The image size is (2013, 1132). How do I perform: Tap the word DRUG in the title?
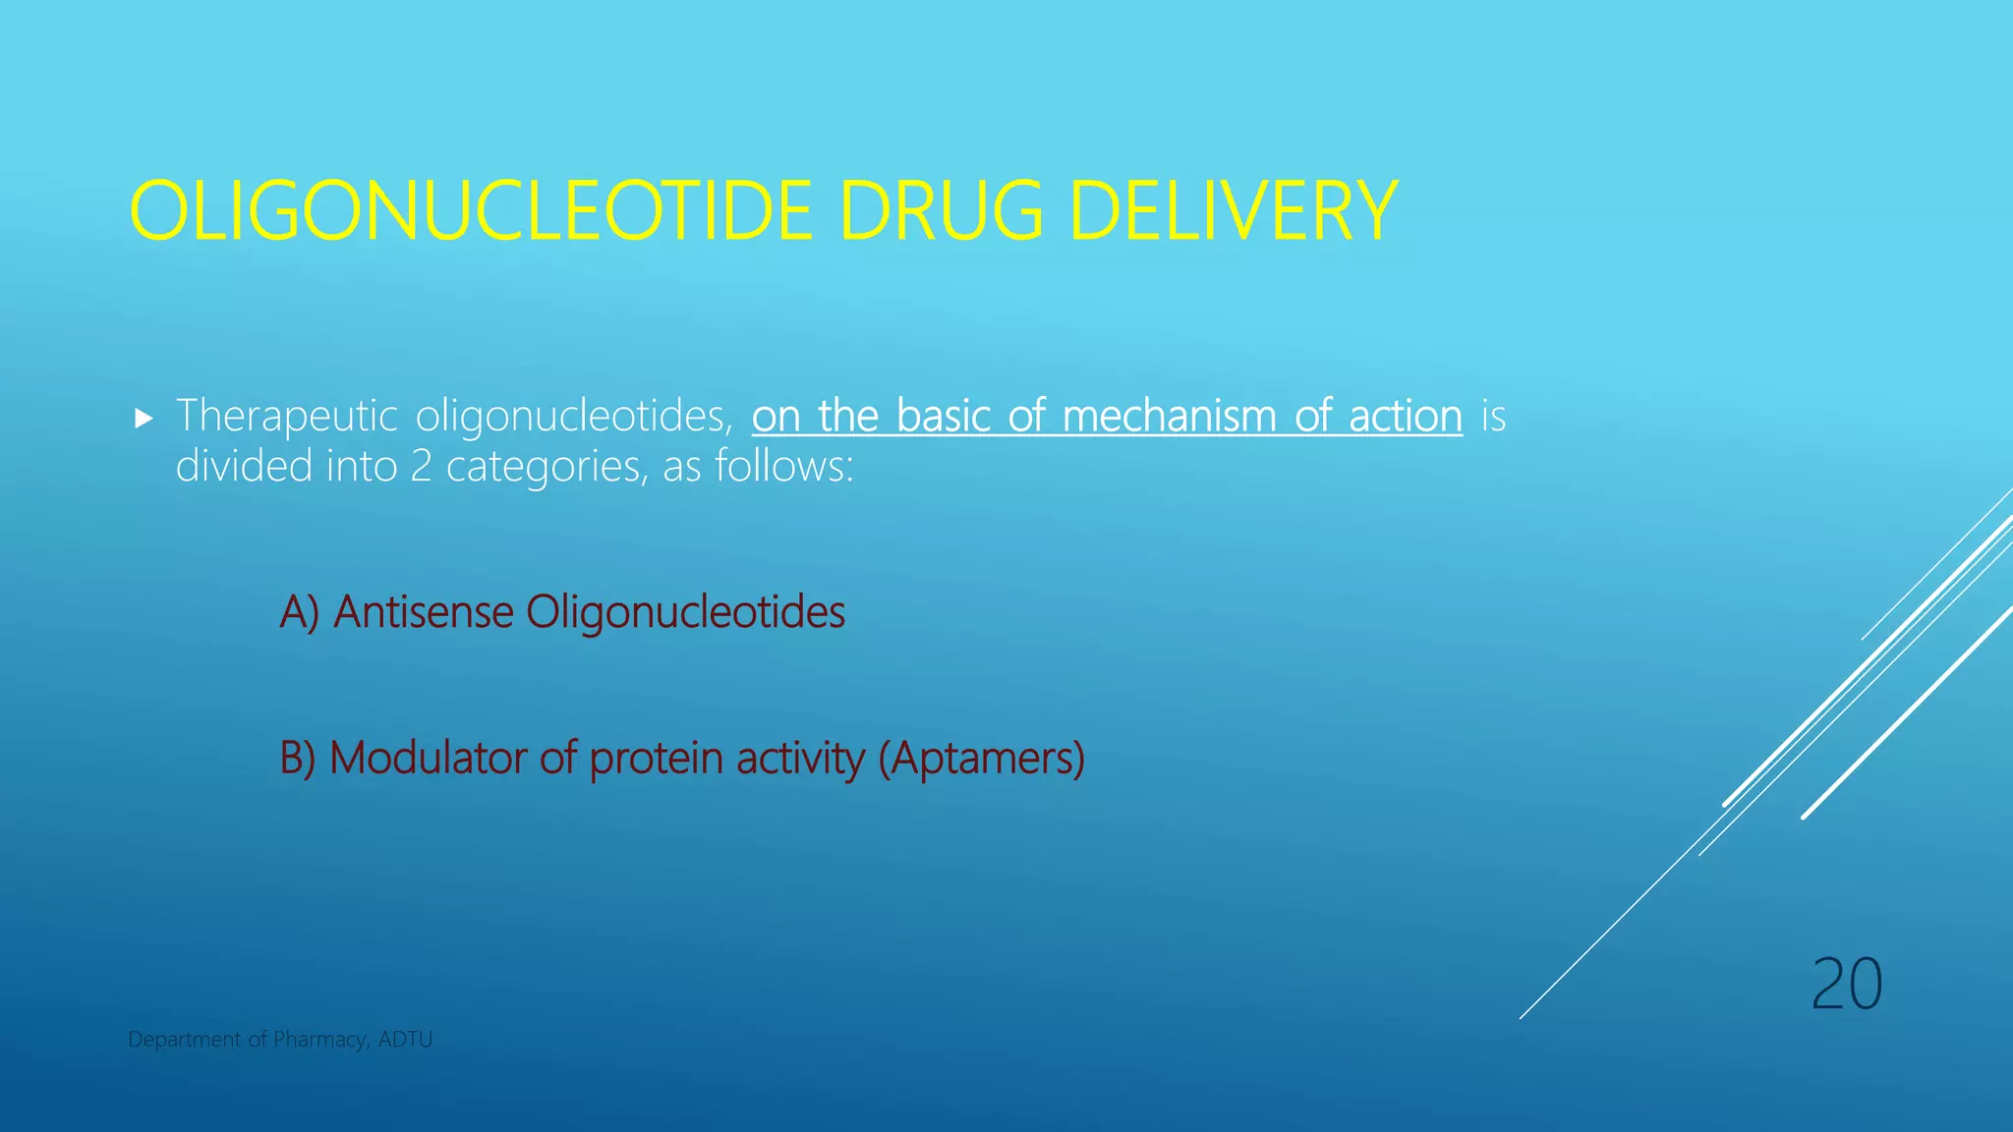click(942, 211)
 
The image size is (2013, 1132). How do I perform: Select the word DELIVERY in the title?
click(1234, 211)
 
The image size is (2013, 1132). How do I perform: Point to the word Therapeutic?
click(286, 417)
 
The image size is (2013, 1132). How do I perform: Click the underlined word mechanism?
click(1168, 417)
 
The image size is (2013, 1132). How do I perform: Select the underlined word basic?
click(944, 417)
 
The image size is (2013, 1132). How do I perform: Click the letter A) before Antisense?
click(299, 612)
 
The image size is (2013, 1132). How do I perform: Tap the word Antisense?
click(423, 612)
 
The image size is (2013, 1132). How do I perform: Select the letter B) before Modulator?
click(298, 759)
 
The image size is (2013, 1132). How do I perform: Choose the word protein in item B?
click(656, 759)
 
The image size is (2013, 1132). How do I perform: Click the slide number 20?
click(1846, 985)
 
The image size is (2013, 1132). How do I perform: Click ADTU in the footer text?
click(405, 1040)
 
